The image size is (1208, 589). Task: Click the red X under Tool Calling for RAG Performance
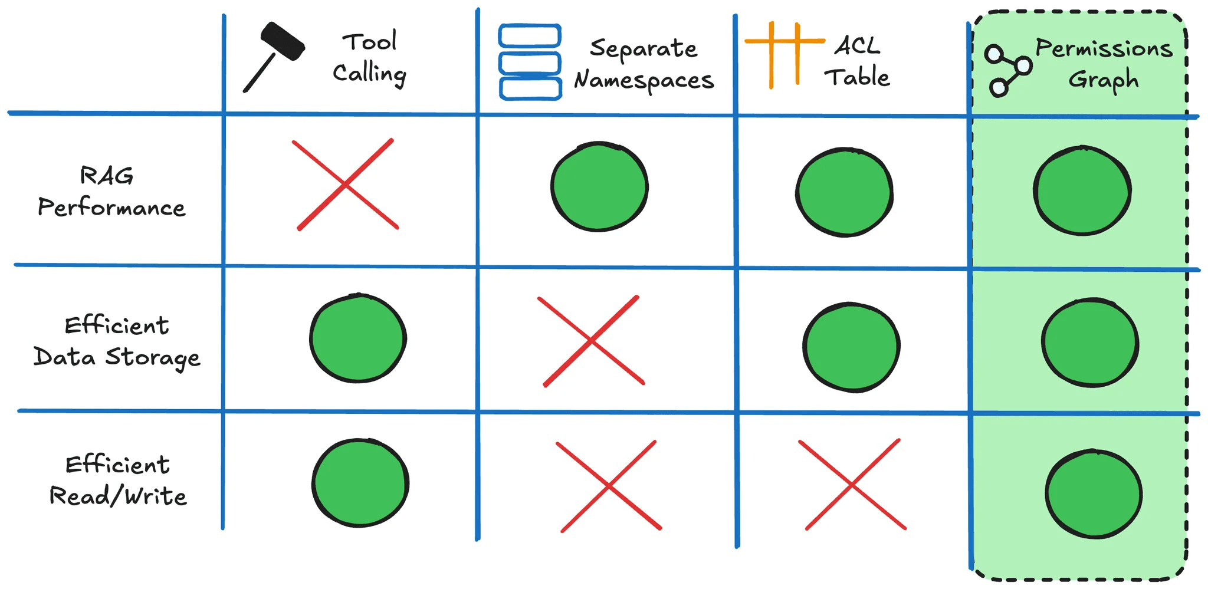click(x=346, y=185)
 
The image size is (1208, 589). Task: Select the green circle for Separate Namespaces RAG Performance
click(x=599, y=186)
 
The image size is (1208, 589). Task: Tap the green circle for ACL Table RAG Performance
click(x=844, y=192)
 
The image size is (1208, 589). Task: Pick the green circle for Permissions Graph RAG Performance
click(x=1082, y=190)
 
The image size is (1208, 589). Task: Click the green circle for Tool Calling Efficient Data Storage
click(x=358, y=338)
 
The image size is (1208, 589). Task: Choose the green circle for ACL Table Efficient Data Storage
click(x=851, y=347)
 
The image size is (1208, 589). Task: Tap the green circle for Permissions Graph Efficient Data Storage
click(x=1090, y=343)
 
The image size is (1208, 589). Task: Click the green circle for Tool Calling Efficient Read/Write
click(x=360, y=482)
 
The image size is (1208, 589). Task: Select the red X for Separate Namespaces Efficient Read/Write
click(x=609, y=486)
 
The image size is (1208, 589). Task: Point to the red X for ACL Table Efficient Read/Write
click(x=852, y=485)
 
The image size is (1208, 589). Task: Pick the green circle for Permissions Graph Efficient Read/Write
click(x=1094, y=494)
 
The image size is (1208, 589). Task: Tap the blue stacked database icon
click(x=530, y=62)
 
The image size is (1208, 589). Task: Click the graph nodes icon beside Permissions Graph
click(x=1007, y=70)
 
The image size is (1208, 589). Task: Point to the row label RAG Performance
click(x=111, y=192)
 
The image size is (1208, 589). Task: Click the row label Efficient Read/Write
click(x=118, y=481)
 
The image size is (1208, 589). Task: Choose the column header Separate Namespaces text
click(x=644, y=64)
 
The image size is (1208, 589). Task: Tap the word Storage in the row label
click(x=153, y=357)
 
